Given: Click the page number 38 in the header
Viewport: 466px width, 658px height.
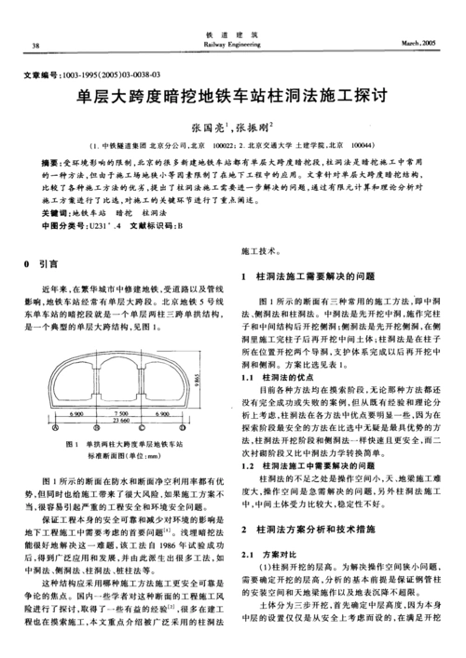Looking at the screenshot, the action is point(35,45).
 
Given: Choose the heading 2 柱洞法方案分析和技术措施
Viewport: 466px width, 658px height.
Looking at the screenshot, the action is point(308,528).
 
